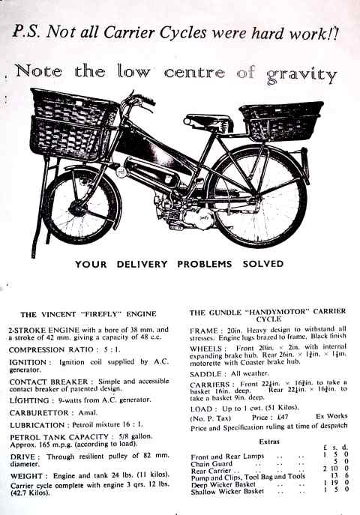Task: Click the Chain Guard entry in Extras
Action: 214,464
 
